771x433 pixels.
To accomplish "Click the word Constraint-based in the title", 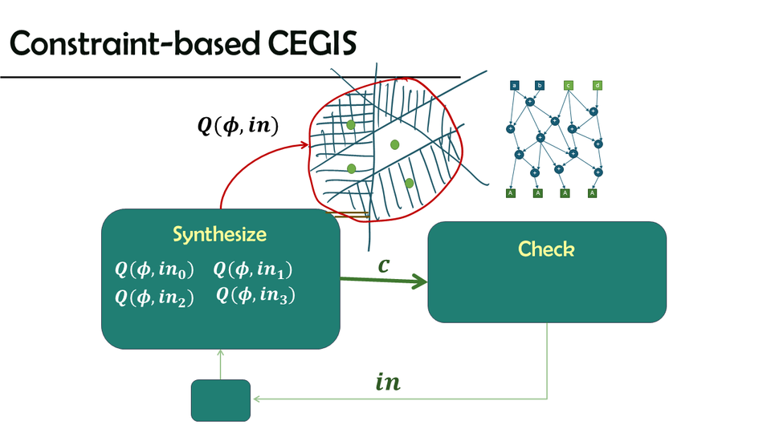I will pos(137,45).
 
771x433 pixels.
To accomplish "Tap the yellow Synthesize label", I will pos(219,235).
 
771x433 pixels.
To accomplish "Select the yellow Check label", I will pos(546,249).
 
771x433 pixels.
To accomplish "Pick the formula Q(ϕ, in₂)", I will pos(155,297).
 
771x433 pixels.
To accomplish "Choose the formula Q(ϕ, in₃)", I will pos(257,296).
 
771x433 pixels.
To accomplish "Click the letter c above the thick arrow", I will pos(384,265).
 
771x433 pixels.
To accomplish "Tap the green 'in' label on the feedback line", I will pos(388,383).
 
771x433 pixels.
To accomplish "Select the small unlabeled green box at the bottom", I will pos(221,400).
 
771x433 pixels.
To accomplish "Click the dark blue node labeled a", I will pos(514,85).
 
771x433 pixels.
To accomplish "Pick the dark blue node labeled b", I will pos(541,85).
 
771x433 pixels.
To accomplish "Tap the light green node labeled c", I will pos(569,85).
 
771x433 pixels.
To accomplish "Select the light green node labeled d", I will pos(597,85).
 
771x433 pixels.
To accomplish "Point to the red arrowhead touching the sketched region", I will pos(306,145).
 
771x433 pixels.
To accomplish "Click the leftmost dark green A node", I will pos(511,193).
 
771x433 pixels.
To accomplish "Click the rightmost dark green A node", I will pos(593,193).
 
